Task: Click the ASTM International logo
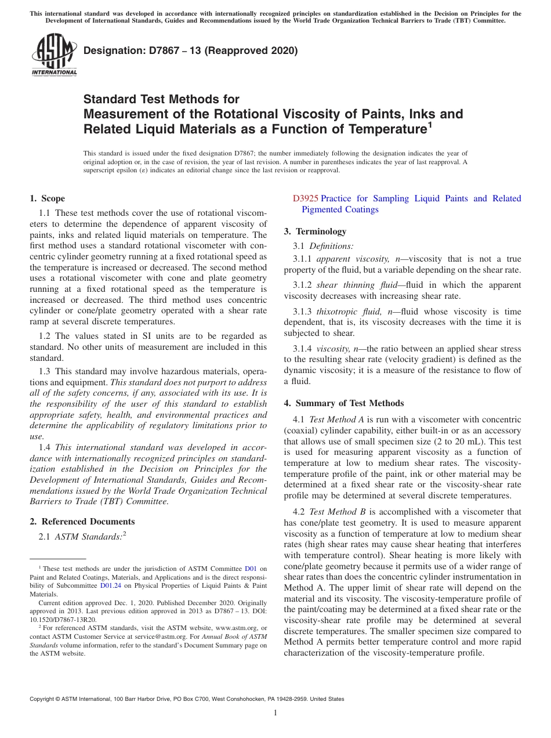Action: (54, 56)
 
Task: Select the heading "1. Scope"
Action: (48, 198)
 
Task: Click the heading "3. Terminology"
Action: (315, 231)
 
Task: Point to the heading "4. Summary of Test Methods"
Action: (344, 403)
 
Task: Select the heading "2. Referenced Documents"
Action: (82, 522)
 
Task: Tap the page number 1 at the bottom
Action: (275, 713)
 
